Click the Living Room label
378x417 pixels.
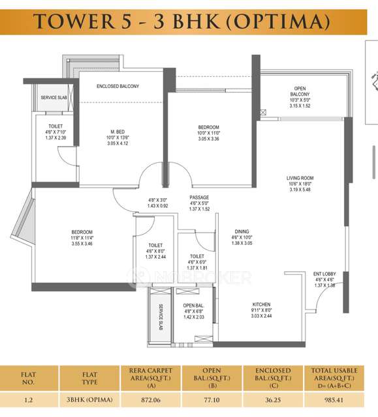[300, 178]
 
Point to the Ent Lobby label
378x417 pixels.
[324, 274]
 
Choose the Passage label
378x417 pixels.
[199, 197]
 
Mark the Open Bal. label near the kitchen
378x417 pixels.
[194, 305]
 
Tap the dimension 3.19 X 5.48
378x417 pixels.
[300, 191]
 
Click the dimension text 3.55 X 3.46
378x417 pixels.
[82, 243]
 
